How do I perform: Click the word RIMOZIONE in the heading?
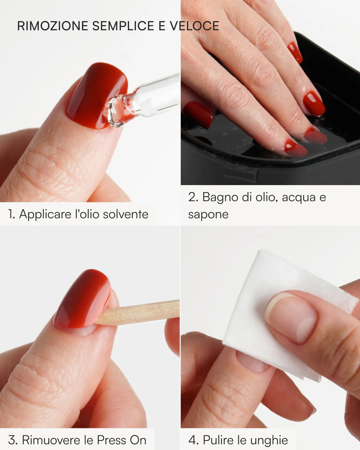coord(53,26)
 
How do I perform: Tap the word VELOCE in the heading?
coord(194,26)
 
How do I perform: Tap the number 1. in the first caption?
coord(12,215)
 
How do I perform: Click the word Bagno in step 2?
coord(220,197)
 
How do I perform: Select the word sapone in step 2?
coord(208,215)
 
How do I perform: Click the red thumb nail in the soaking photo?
coord(199,114)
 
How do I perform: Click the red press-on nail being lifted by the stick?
coord(83,299)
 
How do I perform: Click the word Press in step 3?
coord(111,440)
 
